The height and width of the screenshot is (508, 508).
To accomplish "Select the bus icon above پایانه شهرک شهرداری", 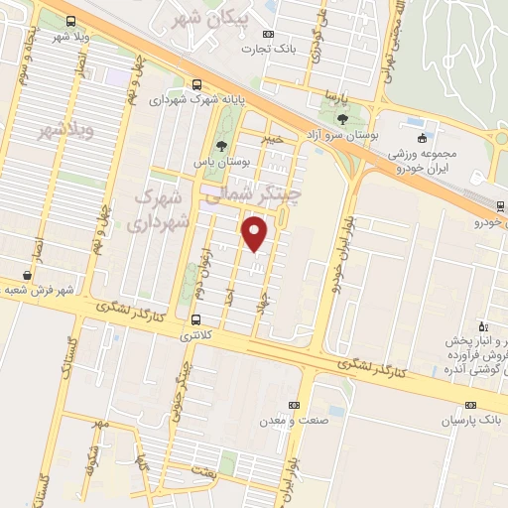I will (197, 84).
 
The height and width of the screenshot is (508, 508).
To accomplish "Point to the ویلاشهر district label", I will (66, 131).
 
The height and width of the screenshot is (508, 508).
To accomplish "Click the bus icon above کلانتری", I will (194, 319).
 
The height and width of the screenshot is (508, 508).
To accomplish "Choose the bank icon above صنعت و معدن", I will (294, 405).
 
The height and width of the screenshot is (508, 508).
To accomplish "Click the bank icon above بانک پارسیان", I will (470, 405).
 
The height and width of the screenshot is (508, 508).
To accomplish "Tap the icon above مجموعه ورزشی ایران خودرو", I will (424, 137).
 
